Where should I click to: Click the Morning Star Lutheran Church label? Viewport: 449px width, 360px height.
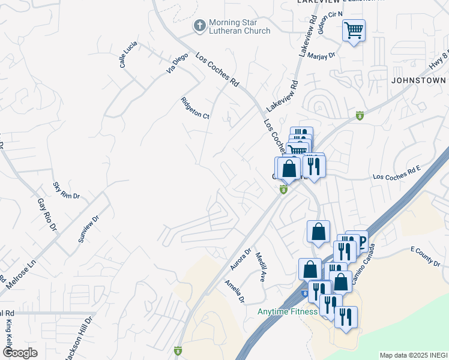[x=240, y=27]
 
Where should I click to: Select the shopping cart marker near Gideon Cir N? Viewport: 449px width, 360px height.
[x=354, y=30]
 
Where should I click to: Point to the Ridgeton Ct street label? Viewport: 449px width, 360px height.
[x=195, y=108]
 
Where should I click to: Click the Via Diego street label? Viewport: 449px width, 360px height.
[x=178, y=64]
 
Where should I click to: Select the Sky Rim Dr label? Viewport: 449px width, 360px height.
[x=66, y=191]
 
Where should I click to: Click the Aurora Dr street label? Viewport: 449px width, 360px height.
[x=240, y=259]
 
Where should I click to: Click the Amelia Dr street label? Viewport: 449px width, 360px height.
[x=235, y=291]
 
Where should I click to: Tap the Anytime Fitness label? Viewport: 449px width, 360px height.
[x=287, y=311]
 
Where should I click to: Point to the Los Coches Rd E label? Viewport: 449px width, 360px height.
[x=397, y=177]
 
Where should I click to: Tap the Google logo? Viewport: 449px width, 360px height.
[x=20, y=353]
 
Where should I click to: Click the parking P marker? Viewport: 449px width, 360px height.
[x=361, y=241]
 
